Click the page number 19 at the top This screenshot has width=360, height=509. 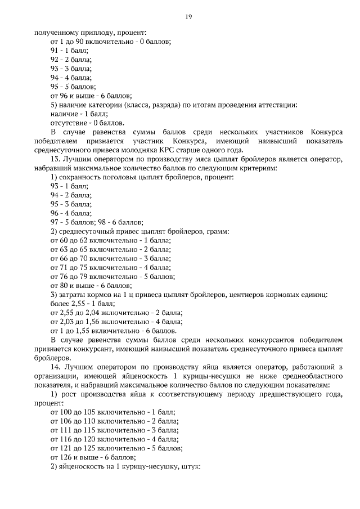(189, 17)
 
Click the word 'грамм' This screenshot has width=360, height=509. (217, 232)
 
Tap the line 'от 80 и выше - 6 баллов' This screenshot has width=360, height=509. (91, 286)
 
